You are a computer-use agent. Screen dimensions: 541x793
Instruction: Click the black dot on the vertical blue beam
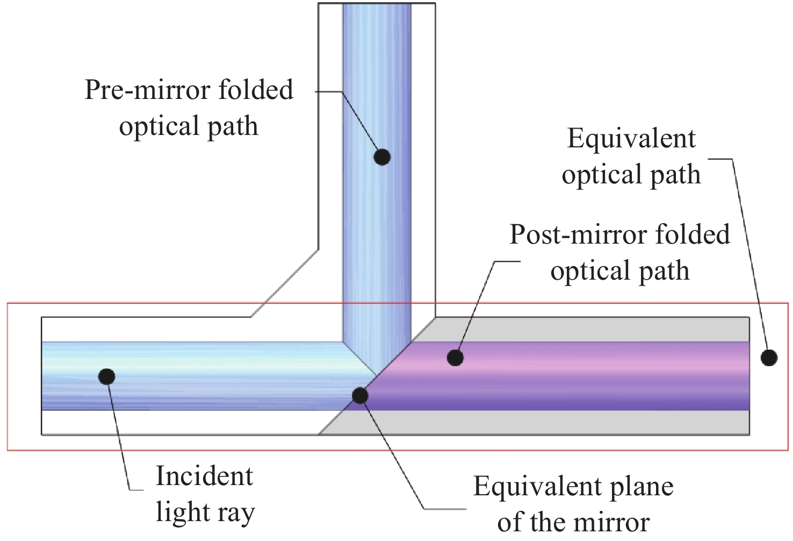(382, 156)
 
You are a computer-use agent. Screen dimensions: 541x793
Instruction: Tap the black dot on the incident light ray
(107, 376)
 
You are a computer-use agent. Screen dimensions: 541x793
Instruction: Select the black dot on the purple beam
(455, 357)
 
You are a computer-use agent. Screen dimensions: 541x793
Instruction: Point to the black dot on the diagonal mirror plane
(359, 396)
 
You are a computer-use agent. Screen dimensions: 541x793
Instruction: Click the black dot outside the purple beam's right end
(769, 357)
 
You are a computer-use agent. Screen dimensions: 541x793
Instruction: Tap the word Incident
(204, 476)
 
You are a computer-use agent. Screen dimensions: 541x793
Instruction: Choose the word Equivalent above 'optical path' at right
(631, 139)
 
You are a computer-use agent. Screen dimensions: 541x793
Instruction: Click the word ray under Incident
(234, 514)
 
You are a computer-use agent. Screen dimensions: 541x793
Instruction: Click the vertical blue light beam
(376, 242)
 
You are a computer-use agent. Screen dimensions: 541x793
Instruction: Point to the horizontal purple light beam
(591, 376)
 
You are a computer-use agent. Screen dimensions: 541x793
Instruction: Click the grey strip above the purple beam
(591, 329)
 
